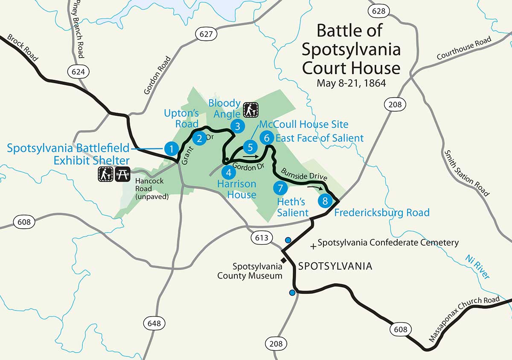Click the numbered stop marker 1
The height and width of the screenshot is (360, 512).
point(171,148)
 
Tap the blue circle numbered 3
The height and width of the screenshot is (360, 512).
point(237,126)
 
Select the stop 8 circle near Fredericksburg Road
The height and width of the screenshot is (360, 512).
point(325,200)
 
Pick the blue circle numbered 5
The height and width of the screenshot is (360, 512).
point(250,148)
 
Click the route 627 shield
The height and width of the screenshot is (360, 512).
point(206,34)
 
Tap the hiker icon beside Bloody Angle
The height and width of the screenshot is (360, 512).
point(250,110)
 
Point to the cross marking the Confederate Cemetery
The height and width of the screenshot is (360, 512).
point(314,246)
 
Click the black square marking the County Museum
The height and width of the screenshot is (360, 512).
point(282,260)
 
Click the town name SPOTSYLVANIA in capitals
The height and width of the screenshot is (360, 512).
point(335,266)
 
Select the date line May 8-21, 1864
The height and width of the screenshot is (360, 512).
point(351,83)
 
